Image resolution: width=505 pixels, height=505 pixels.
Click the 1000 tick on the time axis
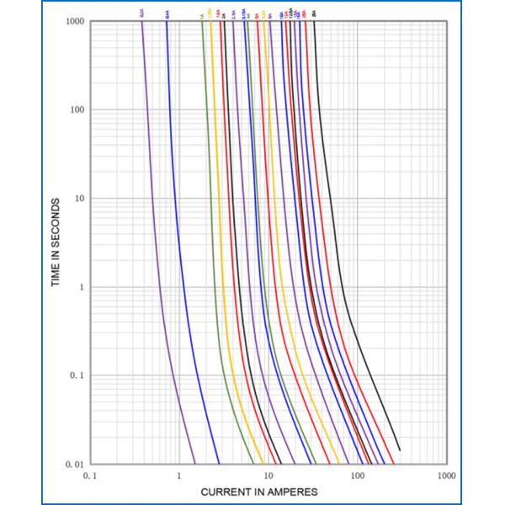click(72, 21)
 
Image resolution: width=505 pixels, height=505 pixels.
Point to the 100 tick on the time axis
click(74, 109)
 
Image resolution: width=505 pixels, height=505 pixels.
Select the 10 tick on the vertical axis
click(76, 199)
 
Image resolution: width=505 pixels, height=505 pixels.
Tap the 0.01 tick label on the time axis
click(73, 464)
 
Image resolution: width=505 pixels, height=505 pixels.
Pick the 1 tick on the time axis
click(78, 287)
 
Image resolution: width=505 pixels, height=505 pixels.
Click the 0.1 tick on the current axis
click(91, 476)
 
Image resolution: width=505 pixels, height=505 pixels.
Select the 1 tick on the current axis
click(179, 476)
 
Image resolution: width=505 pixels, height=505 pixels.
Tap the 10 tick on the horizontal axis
click(268, 476)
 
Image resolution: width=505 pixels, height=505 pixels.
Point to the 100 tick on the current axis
click(358, 476)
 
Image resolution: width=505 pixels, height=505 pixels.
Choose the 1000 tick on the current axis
click(446, 476)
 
